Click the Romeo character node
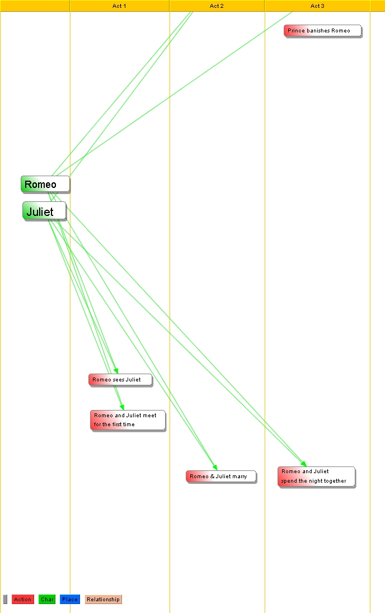tap(45, 184)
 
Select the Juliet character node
tap(44, 211)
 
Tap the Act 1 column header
tap(119, 6)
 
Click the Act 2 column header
tap(217, 6)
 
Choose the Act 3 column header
tap(317, 6)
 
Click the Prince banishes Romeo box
tap(322, 31)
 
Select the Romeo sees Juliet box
tap(120, 380)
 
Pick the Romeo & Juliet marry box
tap(221, 477)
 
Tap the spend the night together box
tap(316, 477)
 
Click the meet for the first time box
tap(128, 420)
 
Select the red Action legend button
tap(22, 600)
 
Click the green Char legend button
tap(47, 600)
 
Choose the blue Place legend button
tap(70, 600)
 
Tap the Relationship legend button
tap(103, 600)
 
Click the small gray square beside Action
tap(5, 600)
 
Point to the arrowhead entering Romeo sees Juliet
tap(116, 371)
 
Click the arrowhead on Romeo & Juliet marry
tap(215, 468)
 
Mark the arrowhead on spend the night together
tap(304, 464)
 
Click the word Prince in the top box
tap(296, 31)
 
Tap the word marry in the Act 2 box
tap(240, 477)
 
